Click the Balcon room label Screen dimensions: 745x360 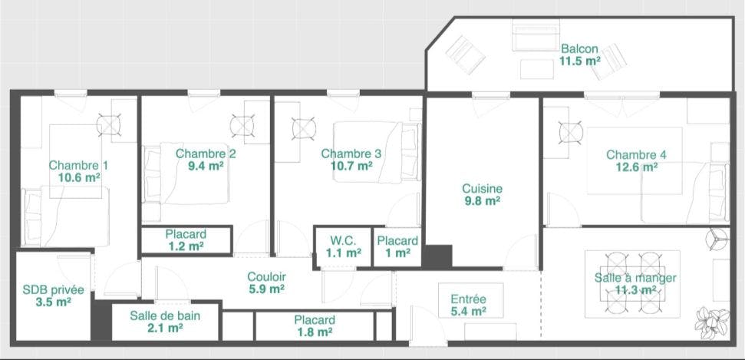click(579, 48)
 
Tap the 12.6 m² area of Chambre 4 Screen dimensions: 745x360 click(636, 167)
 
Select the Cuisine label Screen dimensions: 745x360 click(483, 189)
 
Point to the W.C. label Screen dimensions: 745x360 click(344, 240)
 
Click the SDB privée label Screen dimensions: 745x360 click(53, 289)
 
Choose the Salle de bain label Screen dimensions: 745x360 click(165, 315)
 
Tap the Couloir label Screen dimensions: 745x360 click(266, 277)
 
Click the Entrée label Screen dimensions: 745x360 click(469, 299)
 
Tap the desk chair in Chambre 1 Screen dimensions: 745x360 click(109, 125)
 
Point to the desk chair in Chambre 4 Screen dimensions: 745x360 click(571, 133)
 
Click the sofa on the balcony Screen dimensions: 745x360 click(536, 35)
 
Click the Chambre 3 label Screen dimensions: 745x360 click(351, 154)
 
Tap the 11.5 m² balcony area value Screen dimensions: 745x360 click(579, 61)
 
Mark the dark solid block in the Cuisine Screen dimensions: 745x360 click(437, 257)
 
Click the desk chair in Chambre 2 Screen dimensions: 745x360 click(242, 127)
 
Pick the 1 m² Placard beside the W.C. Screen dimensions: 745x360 click(397, 247)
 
